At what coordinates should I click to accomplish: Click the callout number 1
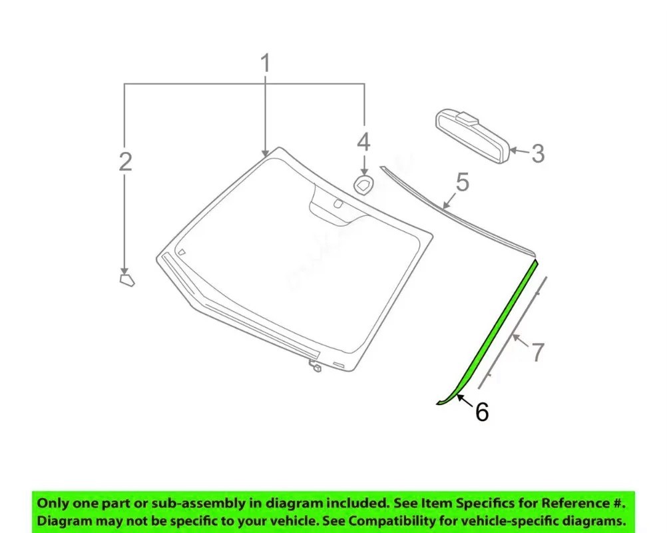(265, 63)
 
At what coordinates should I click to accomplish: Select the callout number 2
(125, 161)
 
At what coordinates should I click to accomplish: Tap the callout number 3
(538, 153)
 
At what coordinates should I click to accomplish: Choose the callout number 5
(463, 182)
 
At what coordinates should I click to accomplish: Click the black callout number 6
(482, 412)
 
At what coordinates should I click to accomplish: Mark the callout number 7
(538, 352)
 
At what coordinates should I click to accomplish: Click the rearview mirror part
(472, 136)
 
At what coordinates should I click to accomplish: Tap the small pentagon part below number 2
(126, 280)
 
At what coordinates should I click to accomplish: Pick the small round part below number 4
(363, 185)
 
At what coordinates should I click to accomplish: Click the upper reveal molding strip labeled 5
(457, 213)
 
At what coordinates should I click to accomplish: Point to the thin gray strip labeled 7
(512, 332)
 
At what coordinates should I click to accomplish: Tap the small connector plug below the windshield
(316, 366)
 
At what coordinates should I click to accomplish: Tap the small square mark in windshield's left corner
(182, 252)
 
